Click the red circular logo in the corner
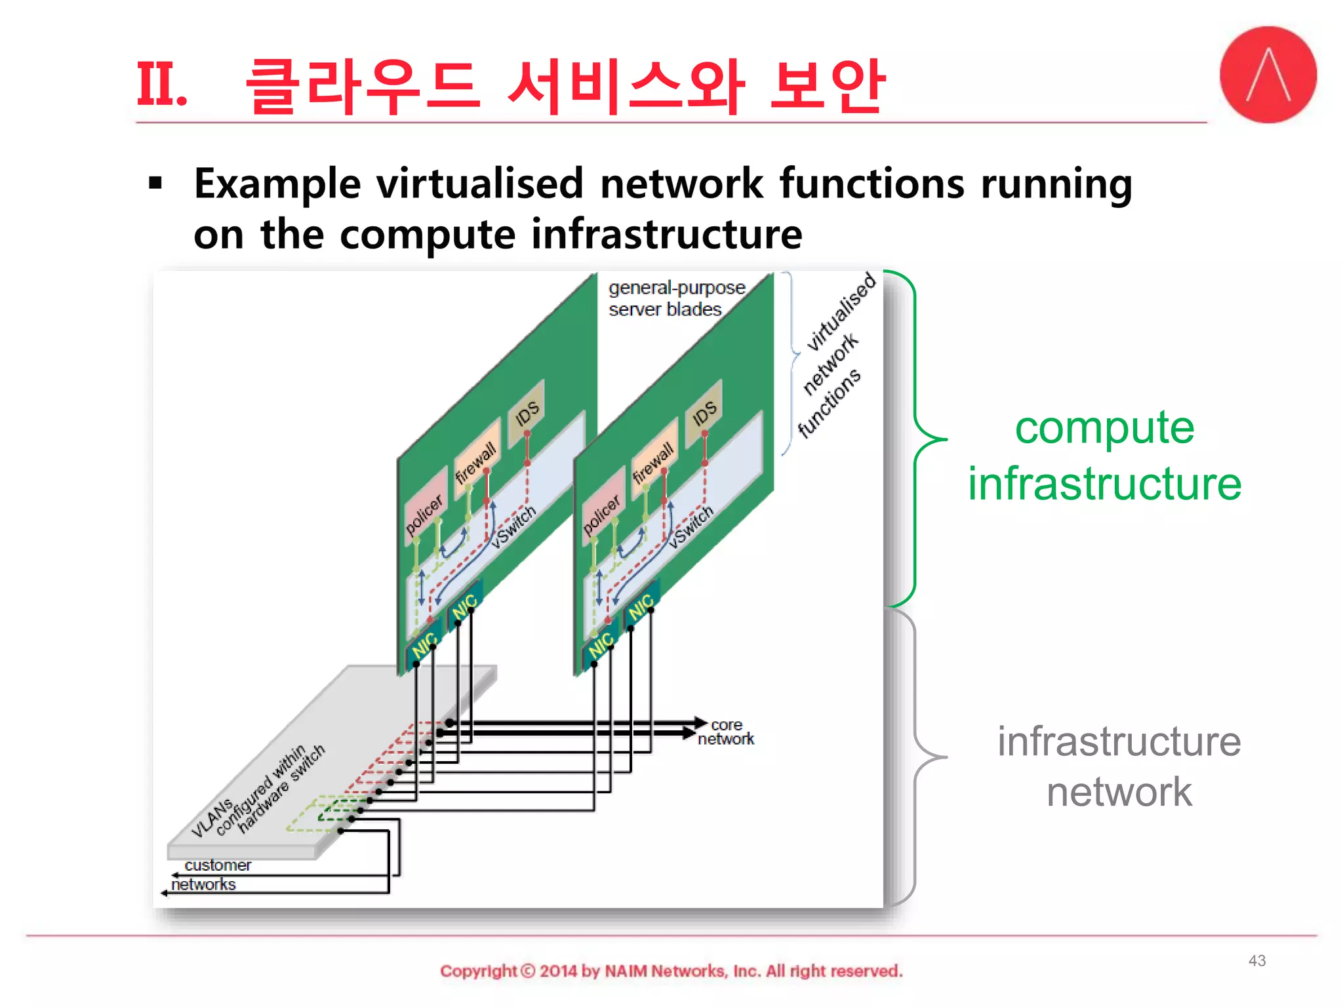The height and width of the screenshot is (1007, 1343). pyautogui.click(x=1268, y=75)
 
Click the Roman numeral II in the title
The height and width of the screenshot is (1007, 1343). pyautogui.click(x=161, y=85)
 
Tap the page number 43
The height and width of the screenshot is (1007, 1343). pyautogui.click(x=1256, y=960)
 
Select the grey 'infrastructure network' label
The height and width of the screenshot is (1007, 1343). pyautogui.click(x=1119, y=766)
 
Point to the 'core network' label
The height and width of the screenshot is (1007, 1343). pyautogui.click(x=726, y=732)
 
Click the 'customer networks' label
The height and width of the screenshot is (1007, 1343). pyautogui.click(x=210, y=875)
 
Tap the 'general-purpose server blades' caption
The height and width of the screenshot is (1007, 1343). pyautogui.click(x=675, y=298)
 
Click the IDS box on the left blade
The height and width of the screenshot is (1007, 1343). pyautogui.click(x=527, y=412)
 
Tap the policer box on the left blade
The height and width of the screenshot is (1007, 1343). pyautogui.click(x=424, y=514)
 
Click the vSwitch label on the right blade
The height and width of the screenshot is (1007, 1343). pyautogui.click(x=691, y=526)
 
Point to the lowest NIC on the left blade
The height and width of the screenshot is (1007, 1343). pyautogui.click(x=424, y=645)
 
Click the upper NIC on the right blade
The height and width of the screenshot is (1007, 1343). pyautogui.click(x=641, y=606)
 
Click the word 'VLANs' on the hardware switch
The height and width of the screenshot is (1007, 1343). pyautogui.click(x=211, y=818)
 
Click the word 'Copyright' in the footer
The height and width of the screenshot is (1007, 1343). pyautogui.click(x=478, y=971)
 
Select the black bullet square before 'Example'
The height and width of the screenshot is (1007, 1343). pyautogui.click(x=155, y=184)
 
